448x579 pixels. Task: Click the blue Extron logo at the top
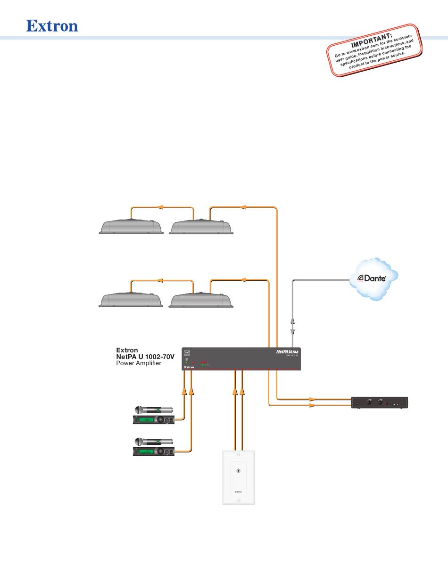click(x=52, y=25)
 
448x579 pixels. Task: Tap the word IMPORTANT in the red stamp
click(x=371, y=41)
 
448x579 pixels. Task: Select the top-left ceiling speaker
click(x=131, y=227)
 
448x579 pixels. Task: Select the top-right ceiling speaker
click(x=201, y=227)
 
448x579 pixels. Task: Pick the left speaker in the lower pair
click(x=131, y=300)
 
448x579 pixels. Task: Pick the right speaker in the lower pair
click(x=201, y=300)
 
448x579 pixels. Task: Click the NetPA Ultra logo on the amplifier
click(x=287, y=351)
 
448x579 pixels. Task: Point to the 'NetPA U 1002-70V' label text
click(x=145, y=357)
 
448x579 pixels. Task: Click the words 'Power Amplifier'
click(x=139, y=363)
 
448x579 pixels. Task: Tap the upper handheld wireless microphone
click(x=154, y=409)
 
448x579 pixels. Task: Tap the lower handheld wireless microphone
click(x=154, y=441)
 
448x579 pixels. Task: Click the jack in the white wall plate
click(x=239, y=471)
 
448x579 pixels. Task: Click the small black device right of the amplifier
click(x=380, y=403)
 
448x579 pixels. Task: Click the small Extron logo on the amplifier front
click(x=189, y=367)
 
